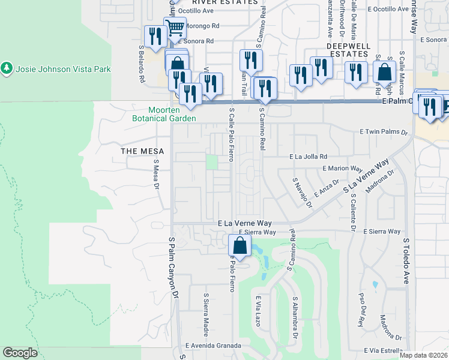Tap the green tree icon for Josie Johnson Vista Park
7,68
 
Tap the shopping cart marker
175,28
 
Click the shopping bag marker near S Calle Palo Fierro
240,245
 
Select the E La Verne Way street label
245,223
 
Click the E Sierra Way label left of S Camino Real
257,232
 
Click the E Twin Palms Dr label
384,131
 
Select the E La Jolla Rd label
307,157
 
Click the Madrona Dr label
379,184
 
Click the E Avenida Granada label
213,346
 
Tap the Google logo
20,353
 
